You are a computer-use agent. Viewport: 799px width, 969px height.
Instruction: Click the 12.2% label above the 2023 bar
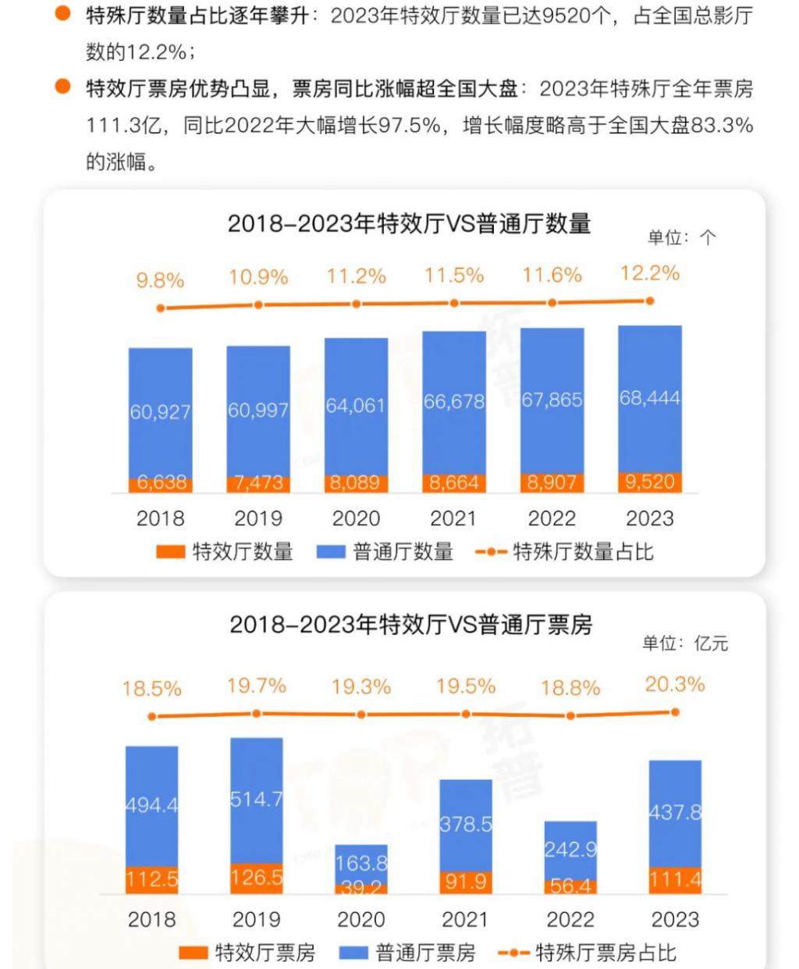pos(650,273)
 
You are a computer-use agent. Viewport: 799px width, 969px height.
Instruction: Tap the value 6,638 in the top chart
pos(162,483)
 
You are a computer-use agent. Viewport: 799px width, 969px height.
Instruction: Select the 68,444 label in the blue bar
pos(649,398)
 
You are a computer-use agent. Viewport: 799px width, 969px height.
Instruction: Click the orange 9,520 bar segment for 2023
pos(649,482)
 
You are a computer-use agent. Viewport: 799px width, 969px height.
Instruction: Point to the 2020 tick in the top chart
pos(356,518)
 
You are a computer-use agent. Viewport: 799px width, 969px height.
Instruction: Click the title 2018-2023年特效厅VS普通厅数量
pos(409,224)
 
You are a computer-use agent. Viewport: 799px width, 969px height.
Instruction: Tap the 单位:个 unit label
pos(680,237)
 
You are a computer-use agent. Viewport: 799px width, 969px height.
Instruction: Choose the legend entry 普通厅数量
pos(385,552)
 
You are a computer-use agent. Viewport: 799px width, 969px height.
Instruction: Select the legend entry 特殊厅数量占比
pos(565,552)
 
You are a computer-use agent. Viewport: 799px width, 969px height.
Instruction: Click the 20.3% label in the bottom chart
pos(675,685)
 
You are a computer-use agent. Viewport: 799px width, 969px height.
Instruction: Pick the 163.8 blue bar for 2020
pos(361,863)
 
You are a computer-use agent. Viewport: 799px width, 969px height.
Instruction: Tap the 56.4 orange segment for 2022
pos(570,886)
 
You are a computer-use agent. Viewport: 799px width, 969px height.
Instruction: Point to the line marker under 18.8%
pos(570,715)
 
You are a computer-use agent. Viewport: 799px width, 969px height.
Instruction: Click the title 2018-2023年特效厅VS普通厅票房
pos(410,625)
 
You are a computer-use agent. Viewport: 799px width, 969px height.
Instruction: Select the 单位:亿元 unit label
pos(684,643)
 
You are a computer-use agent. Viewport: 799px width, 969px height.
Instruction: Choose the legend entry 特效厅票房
pos(247,953)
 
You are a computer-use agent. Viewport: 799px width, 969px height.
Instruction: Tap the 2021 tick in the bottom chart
pos(466,920)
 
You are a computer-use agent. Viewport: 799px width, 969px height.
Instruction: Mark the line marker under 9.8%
pos(161,308)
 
